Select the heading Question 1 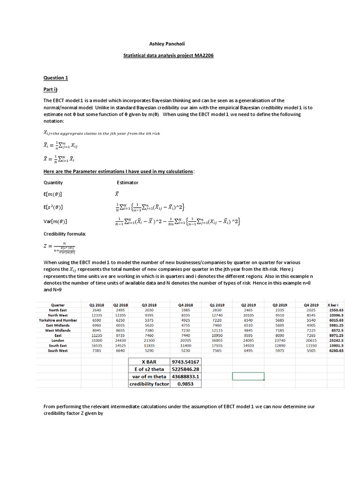click(x=56, y=77)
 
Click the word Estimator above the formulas click(x=127, y=182)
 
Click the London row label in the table click(x=58, y=340)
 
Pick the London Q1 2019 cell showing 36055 click(x=217, y=340)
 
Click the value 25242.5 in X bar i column click(x=336, y=340)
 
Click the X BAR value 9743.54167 click(x=186, y=361)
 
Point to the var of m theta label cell click(x=149, y=376)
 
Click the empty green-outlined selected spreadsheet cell click(x=248, y=376)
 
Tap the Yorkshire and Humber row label click(x=58, y=320)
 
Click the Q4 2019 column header click(x=311, y=305)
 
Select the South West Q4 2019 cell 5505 click(x=311, y=351)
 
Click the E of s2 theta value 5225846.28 click(x=186, y=369)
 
